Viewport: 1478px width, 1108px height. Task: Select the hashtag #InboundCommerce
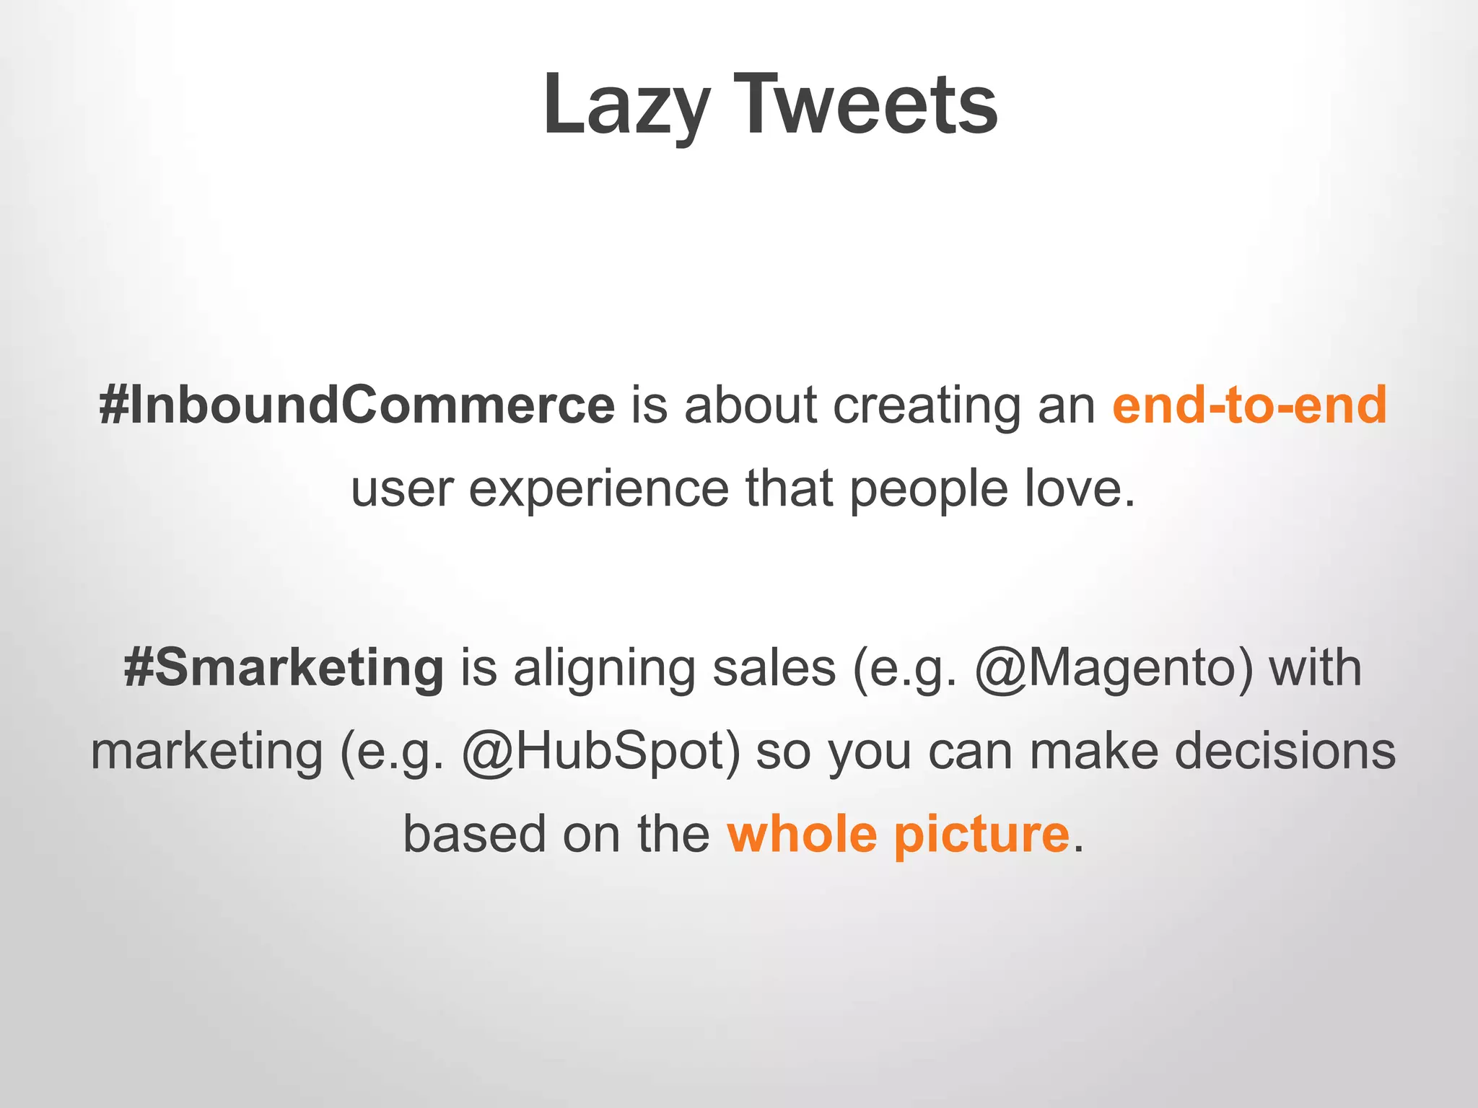pos(357,405)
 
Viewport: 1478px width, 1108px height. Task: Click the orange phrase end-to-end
pos(1249,405)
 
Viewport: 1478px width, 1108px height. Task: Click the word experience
pos(599,489)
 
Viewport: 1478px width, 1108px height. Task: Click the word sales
pos(774,667)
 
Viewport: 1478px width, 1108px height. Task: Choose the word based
pos(474,835)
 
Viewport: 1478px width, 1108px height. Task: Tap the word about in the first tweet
pos(751,405)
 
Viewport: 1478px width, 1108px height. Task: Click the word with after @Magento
pos(1315,667)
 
